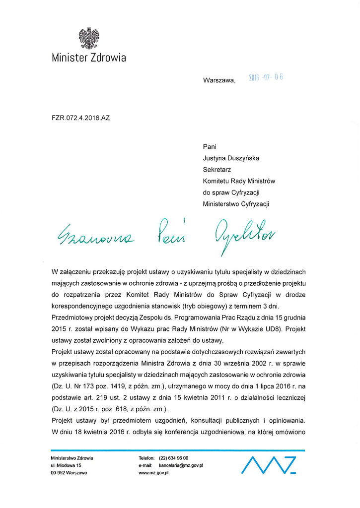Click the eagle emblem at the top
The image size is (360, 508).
tap(89, 38)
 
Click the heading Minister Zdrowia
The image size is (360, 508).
tap(89, 58)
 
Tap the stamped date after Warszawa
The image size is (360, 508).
tap(266, 78)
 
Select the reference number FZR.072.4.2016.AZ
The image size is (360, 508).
tap(80, 118)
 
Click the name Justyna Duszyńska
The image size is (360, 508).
tap(231, 158)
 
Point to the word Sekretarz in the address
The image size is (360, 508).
tap(217, 170)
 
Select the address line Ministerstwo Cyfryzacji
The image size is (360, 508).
tap(238, 204)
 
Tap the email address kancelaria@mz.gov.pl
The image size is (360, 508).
tap(181, 465)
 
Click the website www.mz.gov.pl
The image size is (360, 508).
tap(154, 473)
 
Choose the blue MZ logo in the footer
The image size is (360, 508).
tap(269, 465)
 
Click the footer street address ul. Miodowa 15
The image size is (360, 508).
tap(66, 465)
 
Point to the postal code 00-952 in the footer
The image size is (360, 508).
tap(58, 473)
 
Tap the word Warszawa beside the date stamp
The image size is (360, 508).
tap(219, 80)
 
